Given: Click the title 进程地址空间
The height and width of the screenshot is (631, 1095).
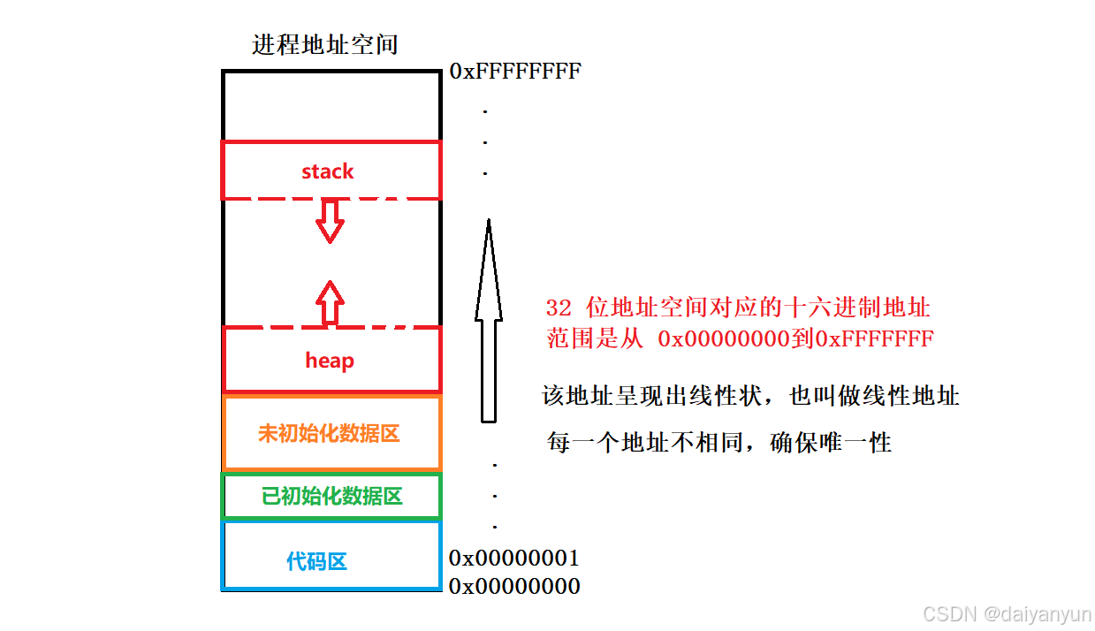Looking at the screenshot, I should pyautogui.click(x=325, y=45).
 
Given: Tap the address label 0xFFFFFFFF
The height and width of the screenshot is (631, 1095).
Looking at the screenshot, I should pyautogui.click(x=515, y=72).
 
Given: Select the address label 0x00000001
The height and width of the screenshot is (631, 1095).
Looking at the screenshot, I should pyautogui.click(x=514, y=559).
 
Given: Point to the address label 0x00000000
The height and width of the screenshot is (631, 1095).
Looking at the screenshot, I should pyautogui.click(x=514, y=586).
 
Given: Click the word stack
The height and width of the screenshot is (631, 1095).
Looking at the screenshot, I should pyautogui.click(x=328, y=171).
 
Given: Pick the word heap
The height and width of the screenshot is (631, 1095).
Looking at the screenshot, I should pyautogui.click(x=330, y=361).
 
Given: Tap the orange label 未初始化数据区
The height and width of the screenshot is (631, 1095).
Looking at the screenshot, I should pyautogui.click(x=330, y=434).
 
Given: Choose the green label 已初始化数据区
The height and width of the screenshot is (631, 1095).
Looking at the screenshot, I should pyautogui.click(x=331, y=497).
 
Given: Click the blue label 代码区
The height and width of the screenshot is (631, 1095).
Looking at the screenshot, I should pyautogui.click(x=316, y=561).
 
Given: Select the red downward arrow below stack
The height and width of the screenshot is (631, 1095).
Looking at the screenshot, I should pyautogui.click(x=331, y=220).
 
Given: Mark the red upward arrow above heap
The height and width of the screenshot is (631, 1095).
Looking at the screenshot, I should pyautogui.click(x=331, y=303).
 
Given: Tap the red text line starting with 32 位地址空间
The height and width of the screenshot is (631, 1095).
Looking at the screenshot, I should pyautogui.click(x=738, y=308).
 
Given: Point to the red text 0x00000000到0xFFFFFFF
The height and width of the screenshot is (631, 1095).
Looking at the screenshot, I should pyautogui.click(x=795, y=338).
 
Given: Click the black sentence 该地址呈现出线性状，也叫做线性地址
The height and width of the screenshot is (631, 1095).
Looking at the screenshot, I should pyautogui.click(x=750, y=396).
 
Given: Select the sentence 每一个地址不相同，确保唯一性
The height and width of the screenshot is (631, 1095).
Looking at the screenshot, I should pyautogui.click(x=719, y=442).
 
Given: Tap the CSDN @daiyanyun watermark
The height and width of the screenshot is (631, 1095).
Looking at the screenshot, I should pyautogui.click(x=1006, y=613).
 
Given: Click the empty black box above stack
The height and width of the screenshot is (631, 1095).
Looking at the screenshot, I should pyautogui.click(x=331, y=105).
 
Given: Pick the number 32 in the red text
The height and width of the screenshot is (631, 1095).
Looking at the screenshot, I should pyautogui.click(x=559, y=308).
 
